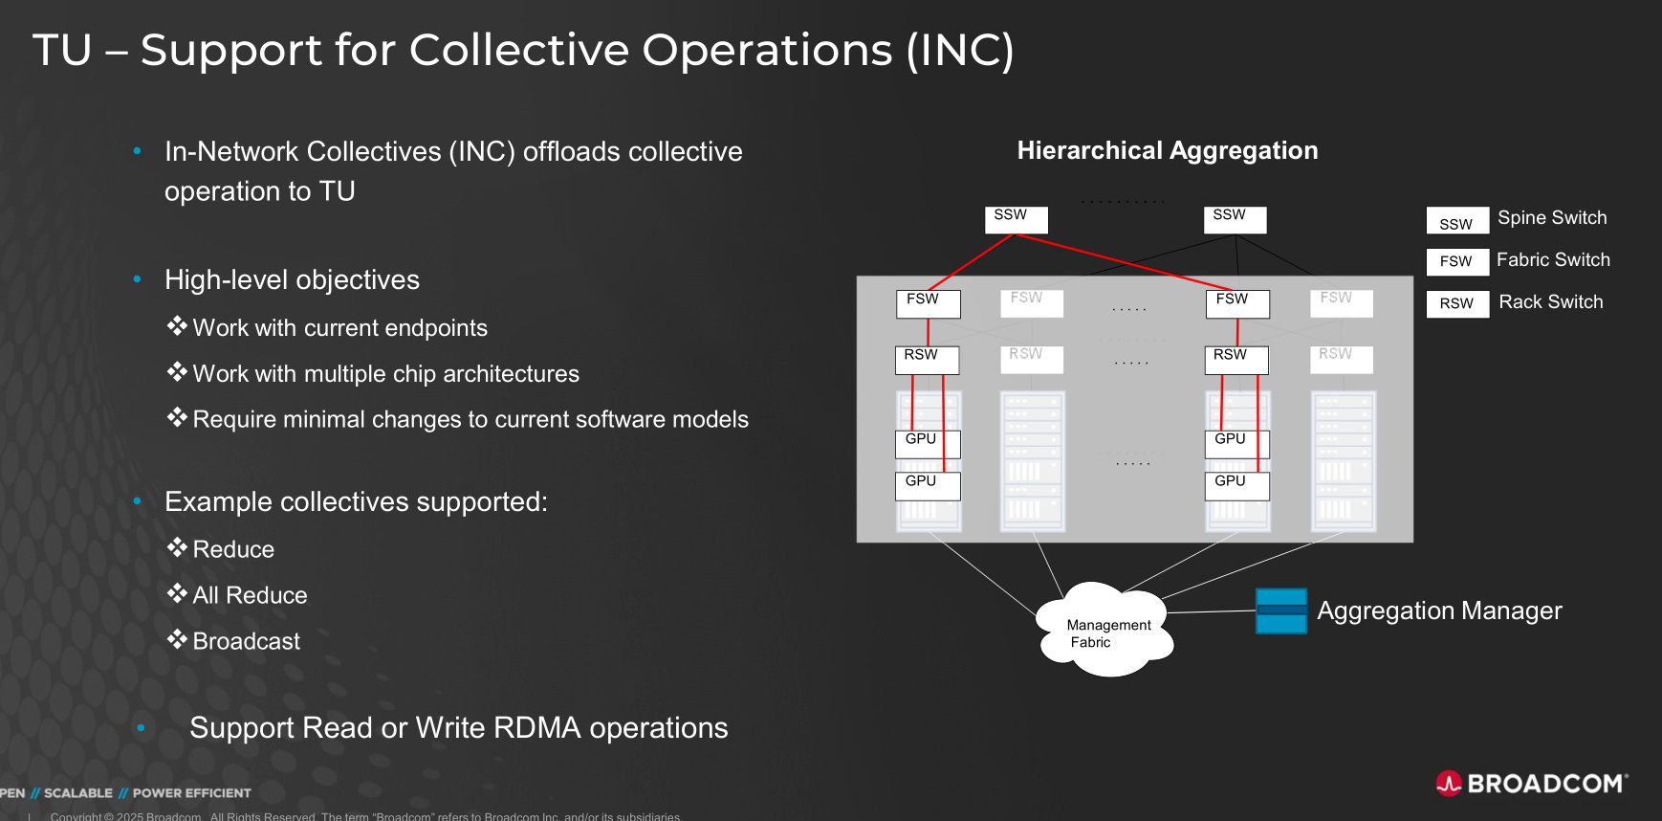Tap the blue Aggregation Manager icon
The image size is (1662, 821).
pyautogui.click(x=1280, y=610)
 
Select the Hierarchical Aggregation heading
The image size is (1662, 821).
pyautogui.click(x=1167, y=150)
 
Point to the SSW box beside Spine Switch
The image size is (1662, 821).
pyautogui.click(x=1456, y=221)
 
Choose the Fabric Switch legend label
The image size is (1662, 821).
pyautogui.click(x=1553, y=260)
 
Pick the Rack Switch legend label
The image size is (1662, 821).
pyautogui.click(x=1550, y=302)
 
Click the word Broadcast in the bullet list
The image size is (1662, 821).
pyautogui.click(x=246, y=641)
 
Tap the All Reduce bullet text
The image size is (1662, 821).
pyautogui.click(x=250, y=595)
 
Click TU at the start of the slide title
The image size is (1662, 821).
pyautogui.click(x=62, y=50)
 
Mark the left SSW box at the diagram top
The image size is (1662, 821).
pyautogui.click(x=1016, y=219)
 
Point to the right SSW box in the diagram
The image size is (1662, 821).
pyautogui.click(x=1234, y=219)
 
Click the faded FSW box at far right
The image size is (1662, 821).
pyautogui.click(x=1341, y=302)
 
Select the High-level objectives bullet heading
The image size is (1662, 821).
pyautogui.click(x=292, y=279)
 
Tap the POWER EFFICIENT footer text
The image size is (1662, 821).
pyautogui.click(x=191, y=793)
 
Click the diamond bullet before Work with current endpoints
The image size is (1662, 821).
pyautogui.click(x=177, y=326)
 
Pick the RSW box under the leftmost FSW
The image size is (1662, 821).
pyautogui.click(x=926, y=359)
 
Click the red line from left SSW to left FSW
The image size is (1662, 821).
pyautogui.click(x=971, y=261)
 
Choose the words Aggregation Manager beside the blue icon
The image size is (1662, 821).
pyautogui.click(x=1438, y=610)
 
